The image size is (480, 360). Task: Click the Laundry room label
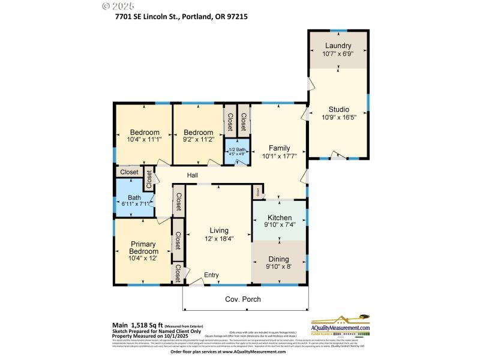click(338, 46)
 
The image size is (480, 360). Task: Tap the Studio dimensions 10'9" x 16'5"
click(338, 118)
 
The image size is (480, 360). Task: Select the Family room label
click(279, 148)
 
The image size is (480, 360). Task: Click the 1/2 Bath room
click(237, 151)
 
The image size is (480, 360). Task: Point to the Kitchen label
click(280, 217)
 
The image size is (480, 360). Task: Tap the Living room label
click(218, 230)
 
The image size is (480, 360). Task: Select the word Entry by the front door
click(211, 275)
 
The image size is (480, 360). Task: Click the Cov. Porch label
click(243, 298)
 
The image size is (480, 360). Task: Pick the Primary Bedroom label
click(143, 247)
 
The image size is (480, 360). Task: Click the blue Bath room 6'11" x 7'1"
click(134, 200)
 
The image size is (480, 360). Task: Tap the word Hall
click(192, 175)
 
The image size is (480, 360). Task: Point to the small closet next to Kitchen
click(258, 192)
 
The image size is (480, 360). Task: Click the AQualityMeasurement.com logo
click(340, 326)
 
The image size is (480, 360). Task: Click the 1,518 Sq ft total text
click(143, 325)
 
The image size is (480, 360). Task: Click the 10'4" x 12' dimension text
click(143, 259)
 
